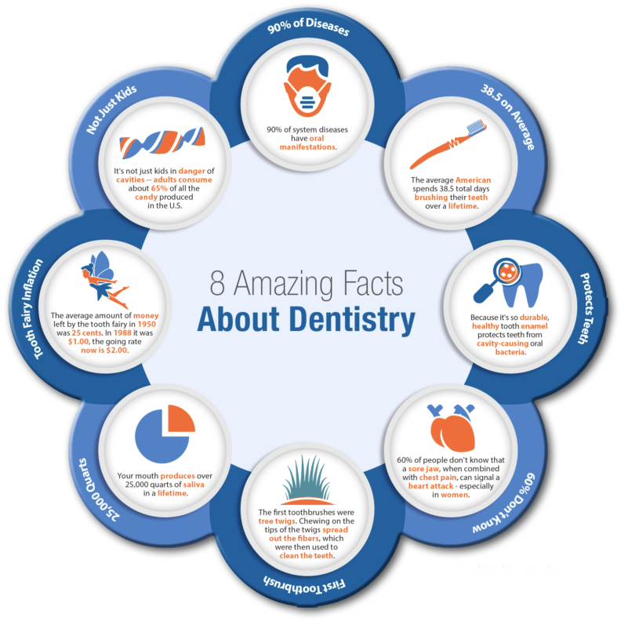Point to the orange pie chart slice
pyautogui.click(x=181, y=419)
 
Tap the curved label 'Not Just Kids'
pyautogui.click(x=112, y=109)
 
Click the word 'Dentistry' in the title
pyautogui.click(x=355, y=319)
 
